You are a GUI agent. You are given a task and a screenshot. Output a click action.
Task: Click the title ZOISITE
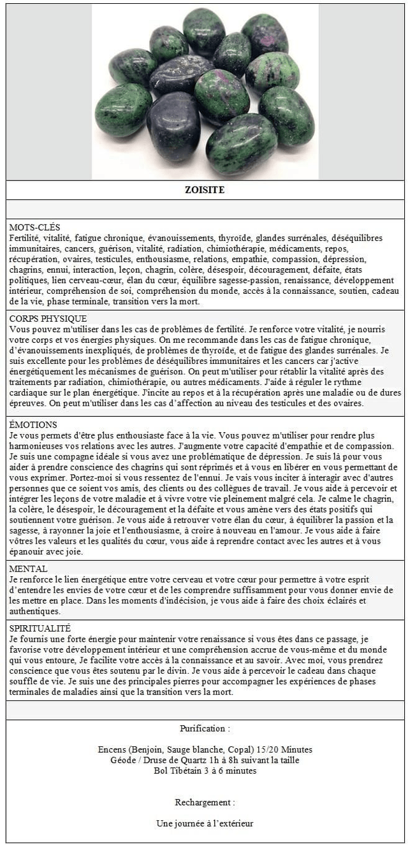coord(204,190)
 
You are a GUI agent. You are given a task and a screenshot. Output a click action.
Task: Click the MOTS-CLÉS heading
coord(35,228)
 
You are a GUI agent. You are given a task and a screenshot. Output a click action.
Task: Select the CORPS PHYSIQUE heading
coord(48,319)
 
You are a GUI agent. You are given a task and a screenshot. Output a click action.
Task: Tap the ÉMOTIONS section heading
coord(33,424)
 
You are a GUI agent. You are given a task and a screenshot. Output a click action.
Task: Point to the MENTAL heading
coord(29,568)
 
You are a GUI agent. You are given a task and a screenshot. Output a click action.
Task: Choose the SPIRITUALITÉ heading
coord(40,628)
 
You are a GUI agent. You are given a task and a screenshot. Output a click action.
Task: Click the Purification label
coord(205,728)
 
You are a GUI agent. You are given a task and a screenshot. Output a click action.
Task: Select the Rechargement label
coord(205,802)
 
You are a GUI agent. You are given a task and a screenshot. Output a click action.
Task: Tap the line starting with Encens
coord(205,749)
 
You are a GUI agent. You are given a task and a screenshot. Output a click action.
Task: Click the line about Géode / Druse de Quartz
coord(205,760)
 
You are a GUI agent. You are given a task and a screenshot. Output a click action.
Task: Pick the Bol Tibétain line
coord(205,771)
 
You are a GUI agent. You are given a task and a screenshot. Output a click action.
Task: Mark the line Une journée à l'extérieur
coord(205,823)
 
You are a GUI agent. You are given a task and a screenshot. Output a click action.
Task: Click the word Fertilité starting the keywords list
coord(24,238)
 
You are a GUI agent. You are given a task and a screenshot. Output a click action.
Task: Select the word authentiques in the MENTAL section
coord(33,611)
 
